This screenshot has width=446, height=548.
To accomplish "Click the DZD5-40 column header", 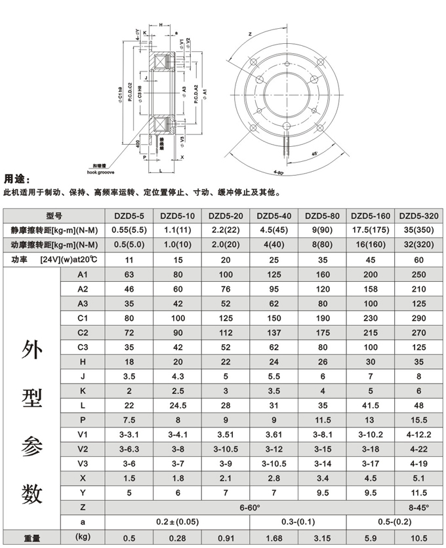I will pyautogui.click(x=275, y=216).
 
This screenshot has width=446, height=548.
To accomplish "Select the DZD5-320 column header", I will pyautogui.click(x=419, y=216).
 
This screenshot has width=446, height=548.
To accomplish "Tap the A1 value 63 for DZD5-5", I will pyautogui.click(x=129, y=274).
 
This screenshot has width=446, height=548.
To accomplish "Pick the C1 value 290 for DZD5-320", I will pyautogui.click(x=419, y=318).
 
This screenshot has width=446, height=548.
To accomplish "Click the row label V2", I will pyautogui.click(x=82, y=449).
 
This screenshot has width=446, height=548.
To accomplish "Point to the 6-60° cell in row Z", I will pyautogui.click(x=251, y=507).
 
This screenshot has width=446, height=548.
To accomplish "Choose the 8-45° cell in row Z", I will pyautogui.click(x=419, y=507).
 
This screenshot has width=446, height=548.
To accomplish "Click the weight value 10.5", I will pyautogui.click(x=419, y=538).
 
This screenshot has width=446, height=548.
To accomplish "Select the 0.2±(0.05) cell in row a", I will pyautogui.click(x=178, y=522).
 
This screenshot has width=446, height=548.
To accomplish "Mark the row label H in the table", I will pyautogui.click(x=82, y=362).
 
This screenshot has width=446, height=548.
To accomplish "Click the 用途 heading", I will pyautogui.click(x=18, y=179).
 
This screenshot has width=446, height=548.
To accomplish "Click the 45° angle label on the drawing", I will pyautogui.click(x=315, y=153).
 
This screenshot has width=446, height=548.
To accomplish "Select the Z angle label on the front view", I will pyautogui.click(x=250, y=33).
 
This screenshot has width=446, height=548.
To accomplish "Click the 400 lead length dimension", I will pyautogui.click(x=138, y=143).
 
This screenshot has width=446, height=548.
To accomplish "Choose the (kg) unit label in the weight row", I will pyautogui.click(x=82, y=538).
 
